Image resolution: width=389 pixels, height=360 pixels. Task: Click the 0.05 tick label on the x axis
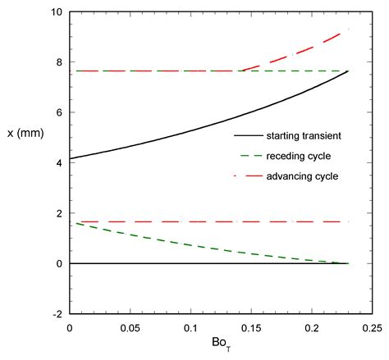[x=130, y=326]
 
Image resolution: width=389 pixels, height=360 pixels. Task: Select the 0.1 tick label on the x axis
[x=190, y=326]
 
